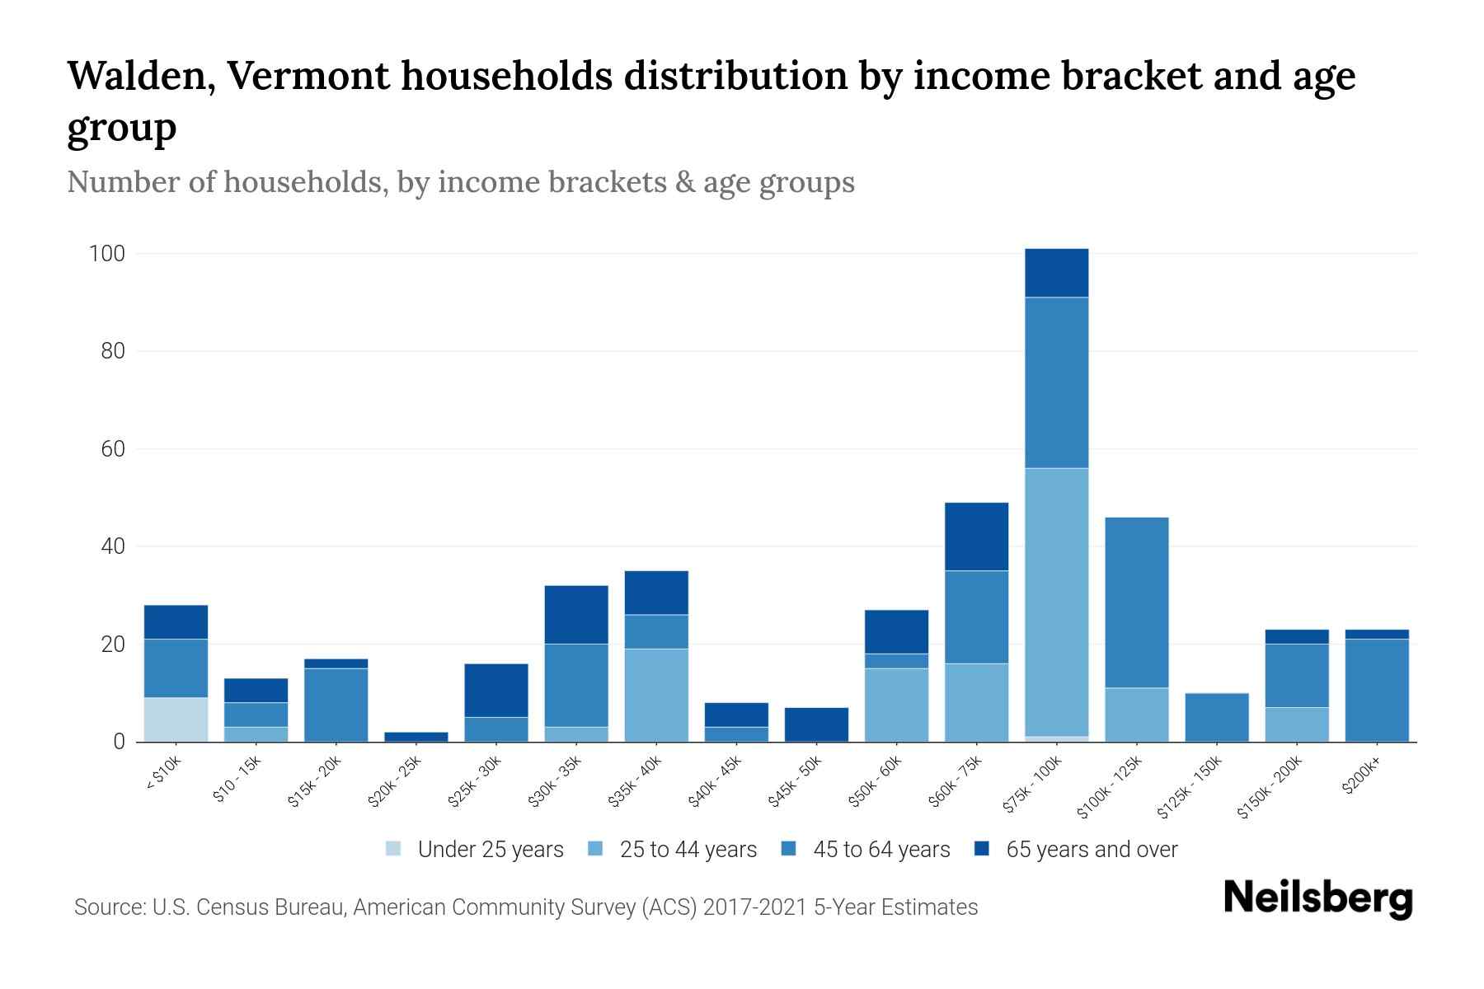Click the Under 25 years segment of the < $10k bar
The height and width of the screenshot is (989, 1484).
click(x=176, y=719)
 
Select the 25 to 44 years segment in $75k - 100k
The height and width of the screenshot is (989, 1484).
click(x=1057, y=602)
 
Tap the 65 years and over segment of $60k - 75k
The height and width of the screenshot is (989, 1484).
click(x=976, y=537)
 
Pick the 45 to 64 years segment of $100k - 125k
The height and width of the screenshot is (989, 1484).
click(x=1137, y=602)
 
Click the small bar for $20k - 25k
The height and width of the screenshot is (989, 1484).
click(x=416, y=737)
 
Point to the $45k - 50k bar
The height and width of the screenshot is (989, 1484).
click(x=816, y=724)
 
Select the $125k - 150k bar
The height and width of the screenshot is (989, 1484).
click(x=1217, y=717)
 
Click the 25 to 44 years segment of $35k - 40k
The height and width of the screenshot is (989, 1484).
click(x=656, y=695)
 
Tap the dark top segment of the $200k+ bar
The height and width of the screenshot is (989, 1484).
click(x=1377, y=634)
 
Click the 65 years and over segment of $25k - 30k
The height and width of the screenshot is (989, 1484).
click(x=496, y=690)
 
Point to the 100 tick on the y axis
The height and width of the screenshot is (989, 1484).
click(x=107, y=254)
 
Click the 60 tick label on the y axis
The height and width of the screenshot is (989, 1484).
click(x=112, y=449)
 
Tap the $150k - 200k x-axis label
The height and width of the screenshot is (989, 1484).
click(x=1270, y=789)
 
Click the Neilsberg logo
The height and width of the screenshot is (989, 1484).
click(x=1317, y=898)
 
